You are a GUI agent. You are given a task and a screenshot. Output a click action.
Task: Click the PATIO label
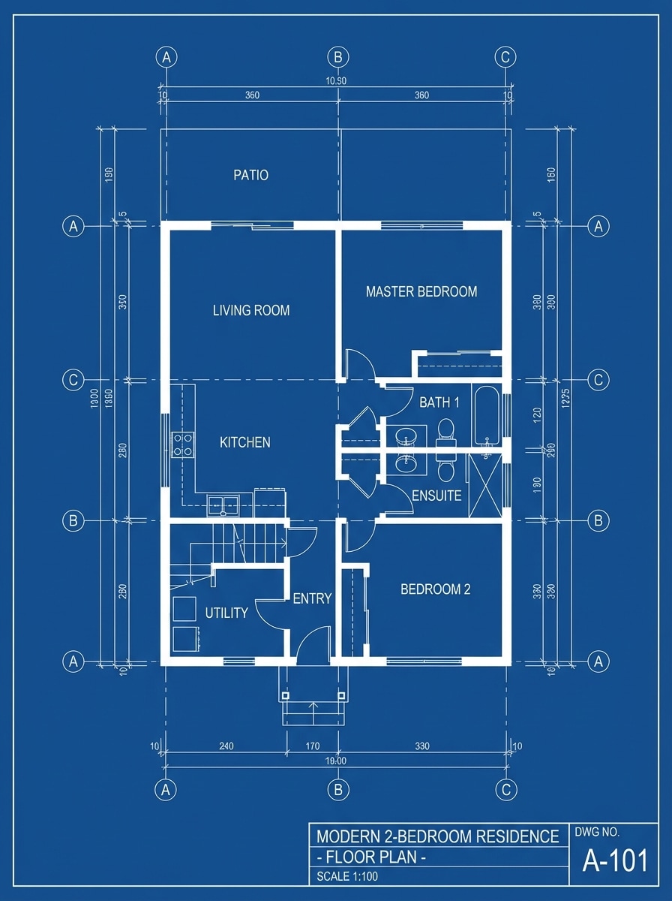(250, 176)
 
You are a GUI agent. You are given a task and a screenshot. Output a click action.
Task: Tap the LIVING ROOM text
(250, 310)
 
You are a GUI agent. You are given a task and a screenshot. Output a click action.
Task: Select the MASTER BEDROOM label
(421, 291)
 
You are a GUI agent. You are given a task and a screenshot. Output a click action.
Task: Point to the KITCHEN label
(244, 443)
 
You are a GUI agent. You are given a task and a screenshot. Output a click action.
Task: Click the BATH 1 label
(439, 402)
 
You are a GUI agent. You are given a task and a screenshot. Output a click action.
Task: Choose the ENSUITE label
(436, 496)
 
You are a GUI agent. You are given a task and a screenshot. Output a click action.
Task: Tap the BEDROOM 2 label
(435, 589)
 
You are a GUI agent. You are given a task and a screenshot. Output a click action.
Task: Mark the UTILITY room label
(226, 613)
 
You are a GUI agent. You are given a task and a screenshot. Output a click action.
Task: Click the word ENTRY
(312, 598)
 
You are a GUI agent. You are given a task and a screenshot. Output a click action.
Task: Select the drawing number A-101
(615, 861)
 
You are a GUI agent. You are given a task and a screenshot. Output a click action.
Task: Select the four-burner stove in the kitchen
(184, 444)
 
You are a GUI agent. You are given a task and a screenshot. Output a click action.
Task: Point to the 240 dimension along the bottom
(226, 746)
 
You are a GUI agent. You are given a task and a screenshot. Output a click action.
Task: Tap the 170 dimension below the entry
(313, 746)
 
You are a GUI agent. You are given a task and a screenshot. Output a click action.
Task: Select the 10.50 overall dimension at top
(337, 81)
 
